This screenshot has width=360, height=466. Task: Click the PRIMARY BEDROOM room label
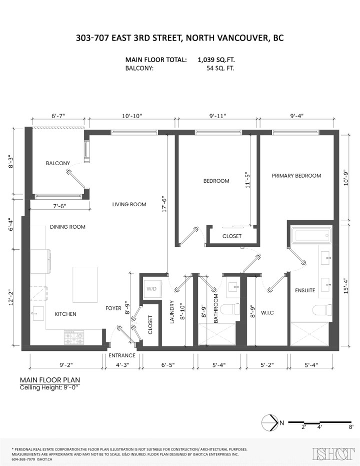(296, 176)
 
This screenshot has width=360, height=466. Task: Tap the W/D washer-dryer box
(151, 289)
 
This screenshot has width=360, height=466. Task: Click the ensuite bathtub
(310, 235)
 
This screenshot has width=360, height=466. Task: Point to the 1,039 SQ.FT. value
(216, 60)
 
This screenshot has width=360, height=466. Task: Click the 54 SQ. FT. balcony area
(220, 69)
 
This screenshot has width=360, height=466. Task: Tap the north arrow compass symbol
(270, 423)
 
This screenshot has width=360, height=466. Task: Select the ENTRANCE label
(122, 356)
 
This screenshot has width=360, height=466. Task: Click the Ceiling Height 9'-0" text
(50, 388)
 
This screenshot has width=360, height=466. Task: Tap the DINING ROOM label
(67, 227)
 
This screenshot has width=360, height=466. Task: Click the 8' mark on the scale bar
(351, 427)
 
